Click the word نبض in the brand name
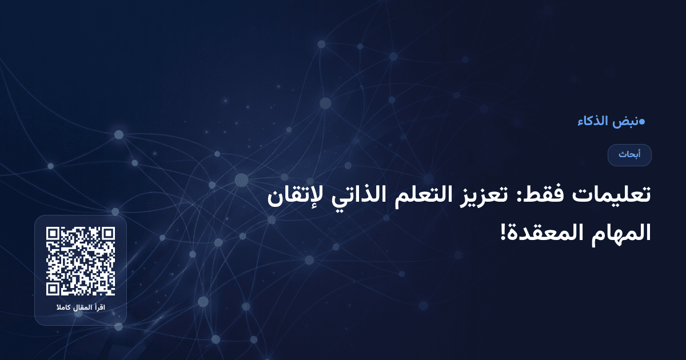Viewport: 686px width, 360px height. [624, 122]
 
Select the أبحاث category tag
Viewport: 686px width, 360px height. [629, 155]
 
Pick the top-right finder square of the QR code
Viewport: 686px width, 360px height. [107, 235]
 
